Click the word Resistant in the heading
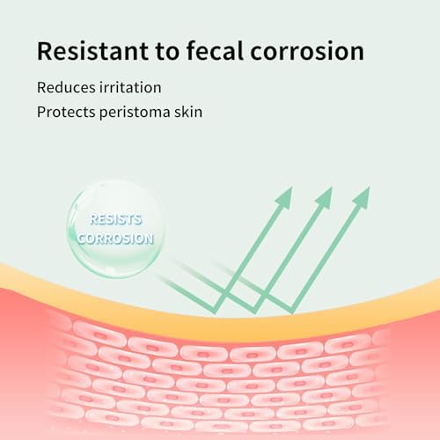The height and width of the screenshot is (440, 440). (92, 51)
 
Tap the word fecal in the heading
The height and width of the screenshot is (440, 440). (215, 50)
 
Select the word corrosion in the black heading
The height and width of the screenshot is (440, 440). (307, 52)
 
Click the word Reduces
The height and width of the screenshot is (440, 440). (66, 87)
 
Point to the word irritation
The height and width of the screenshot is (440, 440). (130, 87)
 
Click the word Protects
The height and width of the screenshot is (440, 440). (66, 112)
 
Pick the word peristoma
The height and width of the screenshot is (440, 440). (135, 113)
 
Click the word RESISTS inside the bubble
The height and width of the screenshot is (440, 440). (116, 219)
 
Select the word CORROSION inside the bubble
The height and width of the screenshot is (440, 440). (115, 238)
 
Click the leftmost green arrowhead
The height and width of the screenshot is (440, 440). (283, 198)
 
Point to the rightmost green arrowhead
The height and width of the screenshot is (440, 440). (361, 198)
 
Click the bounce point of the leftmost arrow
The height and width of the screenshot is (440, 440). (216, 312)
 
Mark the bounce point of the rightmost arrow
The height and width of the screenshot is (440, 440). (291, 312)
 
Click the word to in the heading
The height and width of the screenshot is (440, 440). (166, 52)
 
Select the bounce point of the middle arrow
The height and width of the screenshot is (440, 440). (254, 312)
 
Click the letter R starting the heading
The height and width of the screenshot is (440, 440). (44, 51)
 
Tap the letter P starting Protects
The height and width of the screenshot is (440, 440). (41, 112)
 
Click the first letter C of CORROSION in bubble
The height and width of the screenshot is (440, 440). (82, 238)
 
